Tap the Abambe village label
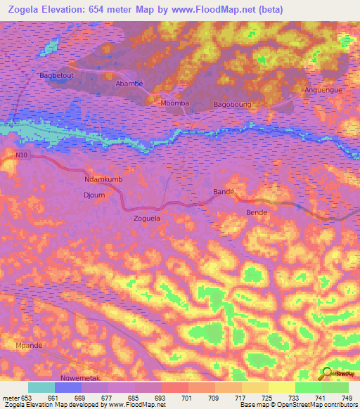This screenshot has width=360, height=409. (129, 84)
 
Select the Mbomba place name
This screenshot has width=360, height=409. (175, 103)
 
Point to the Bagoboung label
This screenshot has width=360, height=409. (232, 105)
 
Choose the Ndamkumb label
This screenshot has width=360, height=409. (103, 179)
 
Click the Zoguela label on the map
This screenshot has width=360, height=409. (147, 219)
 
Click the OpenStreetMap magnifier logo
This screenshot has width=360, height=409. (328, 372)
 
